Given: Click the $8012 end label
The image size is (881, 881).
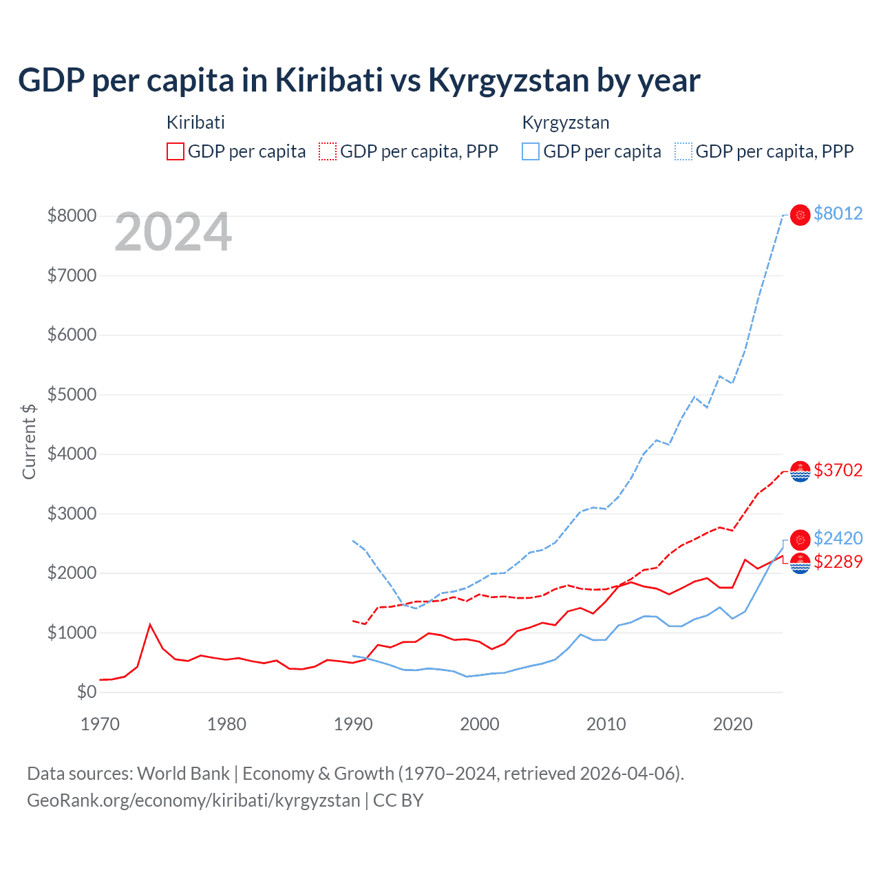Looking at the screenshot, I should tap(838, 214).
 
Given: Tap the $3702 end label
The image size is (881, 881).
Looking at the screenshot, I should tap(838, 470).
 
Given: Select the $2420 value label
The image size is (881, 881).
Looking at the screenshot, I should tap(838, 538).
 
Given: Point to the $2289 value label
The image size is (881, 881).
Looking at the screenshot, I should tap(838, 562).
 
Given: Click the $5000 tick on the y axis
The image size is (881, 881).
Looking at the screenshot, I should tap(72, 395).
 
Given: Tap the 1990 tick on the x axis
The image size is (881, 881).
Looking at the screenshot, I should tap(353, 724).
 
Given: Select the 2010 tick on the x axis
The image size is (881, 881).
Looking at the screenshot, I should tap(606, 724).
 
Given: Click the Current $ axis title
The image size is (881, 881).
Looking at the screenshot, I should tap(29, 442).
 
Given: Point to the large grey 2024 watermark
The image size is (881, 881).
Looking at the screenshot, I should tap(173, 233).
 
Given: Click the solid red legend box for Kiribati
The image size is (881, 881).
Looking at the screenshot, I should tap(176, 151).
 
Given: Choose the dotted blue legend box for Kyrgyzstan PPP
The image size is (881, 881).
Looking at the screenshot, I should tap(683, 151).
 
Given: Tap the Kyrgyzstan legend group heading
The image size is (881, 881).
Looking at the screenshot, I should tap(566, 123).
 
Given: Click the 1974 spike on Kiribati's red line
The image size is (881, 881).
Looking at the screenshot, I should tap(150, 625).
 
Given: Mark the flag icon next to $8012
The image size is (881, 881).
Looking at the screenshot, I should tap(800, 215).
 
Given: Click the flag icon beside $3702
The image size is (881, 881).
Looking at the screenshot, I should tap(800, 471).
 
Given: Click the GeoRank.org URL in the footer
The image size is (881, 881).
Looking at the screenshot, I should tap(193, 800).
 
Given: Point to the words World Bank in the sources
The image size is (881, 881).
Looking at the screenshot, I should tap(183, 774).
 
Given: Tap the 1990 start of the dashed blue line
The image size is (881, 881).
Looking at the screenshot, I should tap(353, 541).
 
